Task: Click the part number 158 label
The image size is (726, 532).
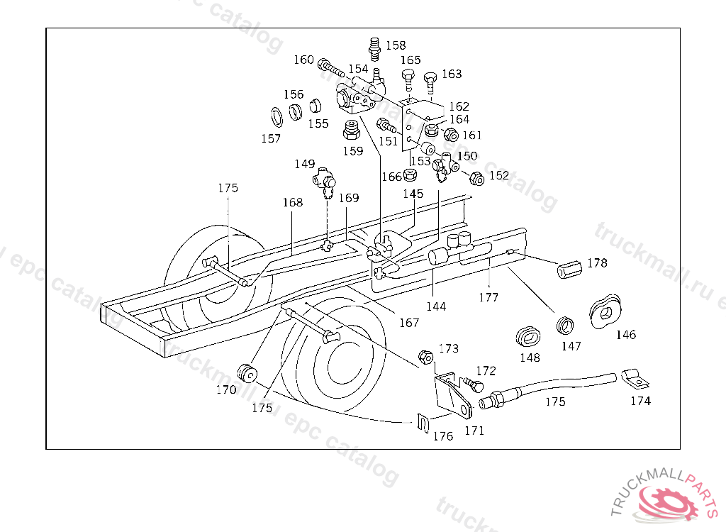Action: (x=396, y=45)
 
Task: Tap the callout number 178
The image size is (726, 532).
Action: (x=597, y=262)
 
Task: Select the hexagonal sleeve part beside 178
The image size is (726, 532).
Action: (x=569, y=271)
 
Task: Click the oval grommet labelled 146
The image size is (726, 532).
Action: (x=605, y=311)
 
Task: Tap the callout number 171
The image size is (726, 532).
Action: (x=474, y=430)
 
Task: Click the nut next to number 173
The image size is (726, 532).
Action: (x=427, y=357)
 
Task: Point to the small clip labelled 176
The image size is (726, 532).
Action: (x=423, y=424)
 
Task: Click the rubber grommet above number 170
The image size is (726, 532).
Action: (x=247, y=372)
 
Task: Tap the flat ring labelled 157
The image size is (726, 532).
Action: (x=274, y=116)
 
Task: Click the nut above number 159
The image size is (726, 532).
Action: (x=350, y=131)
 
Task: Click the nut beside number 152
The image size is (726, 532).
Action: (x=477, y=179)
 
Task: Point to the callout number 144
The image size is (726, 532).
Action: (x=436, y=306)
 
